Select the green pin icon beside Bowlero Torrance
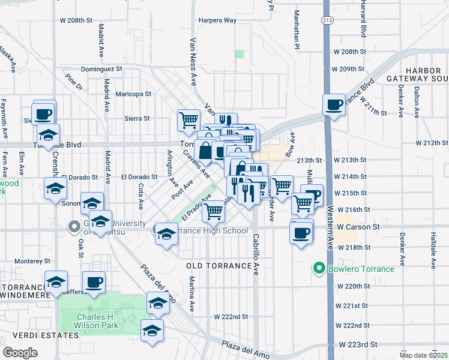[319, 268]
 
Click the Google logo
[20, 353]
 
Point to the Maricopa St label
[133, 94]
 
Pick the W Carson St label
[358, 227]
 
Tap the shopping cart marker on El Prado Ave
[213, 211]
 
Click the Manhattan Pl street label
[297, 30]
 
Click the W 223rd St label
[358, 345]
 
